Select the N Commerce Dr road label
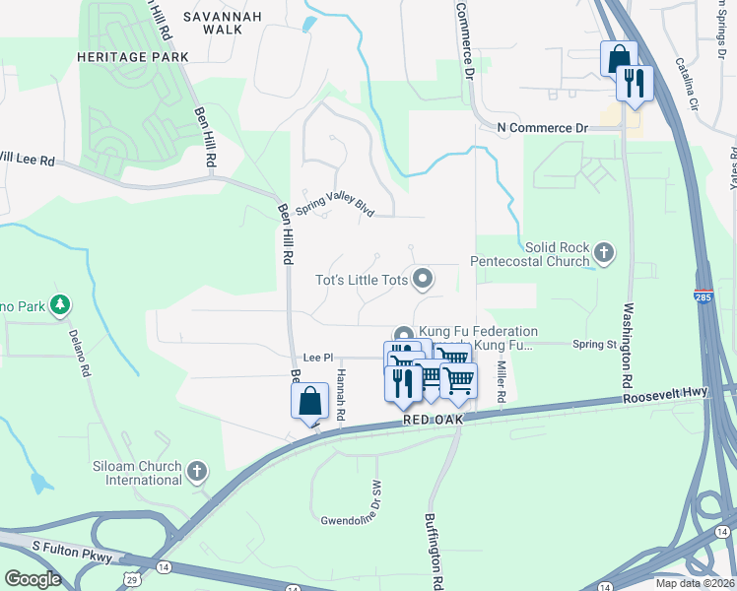click(542, 128)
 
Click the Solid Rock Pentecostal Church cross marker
click(604, 254)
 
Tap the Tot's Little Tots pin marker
click(424, 280)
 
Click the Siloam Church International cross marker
click(196, 472)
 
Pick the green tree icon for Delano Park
click(61, 306)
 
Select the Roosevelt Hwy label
click(665, 396)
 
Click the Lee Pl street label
click(314, 358)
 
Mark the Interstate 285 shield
click(704, 295)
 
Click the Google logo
click(33, 579)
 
